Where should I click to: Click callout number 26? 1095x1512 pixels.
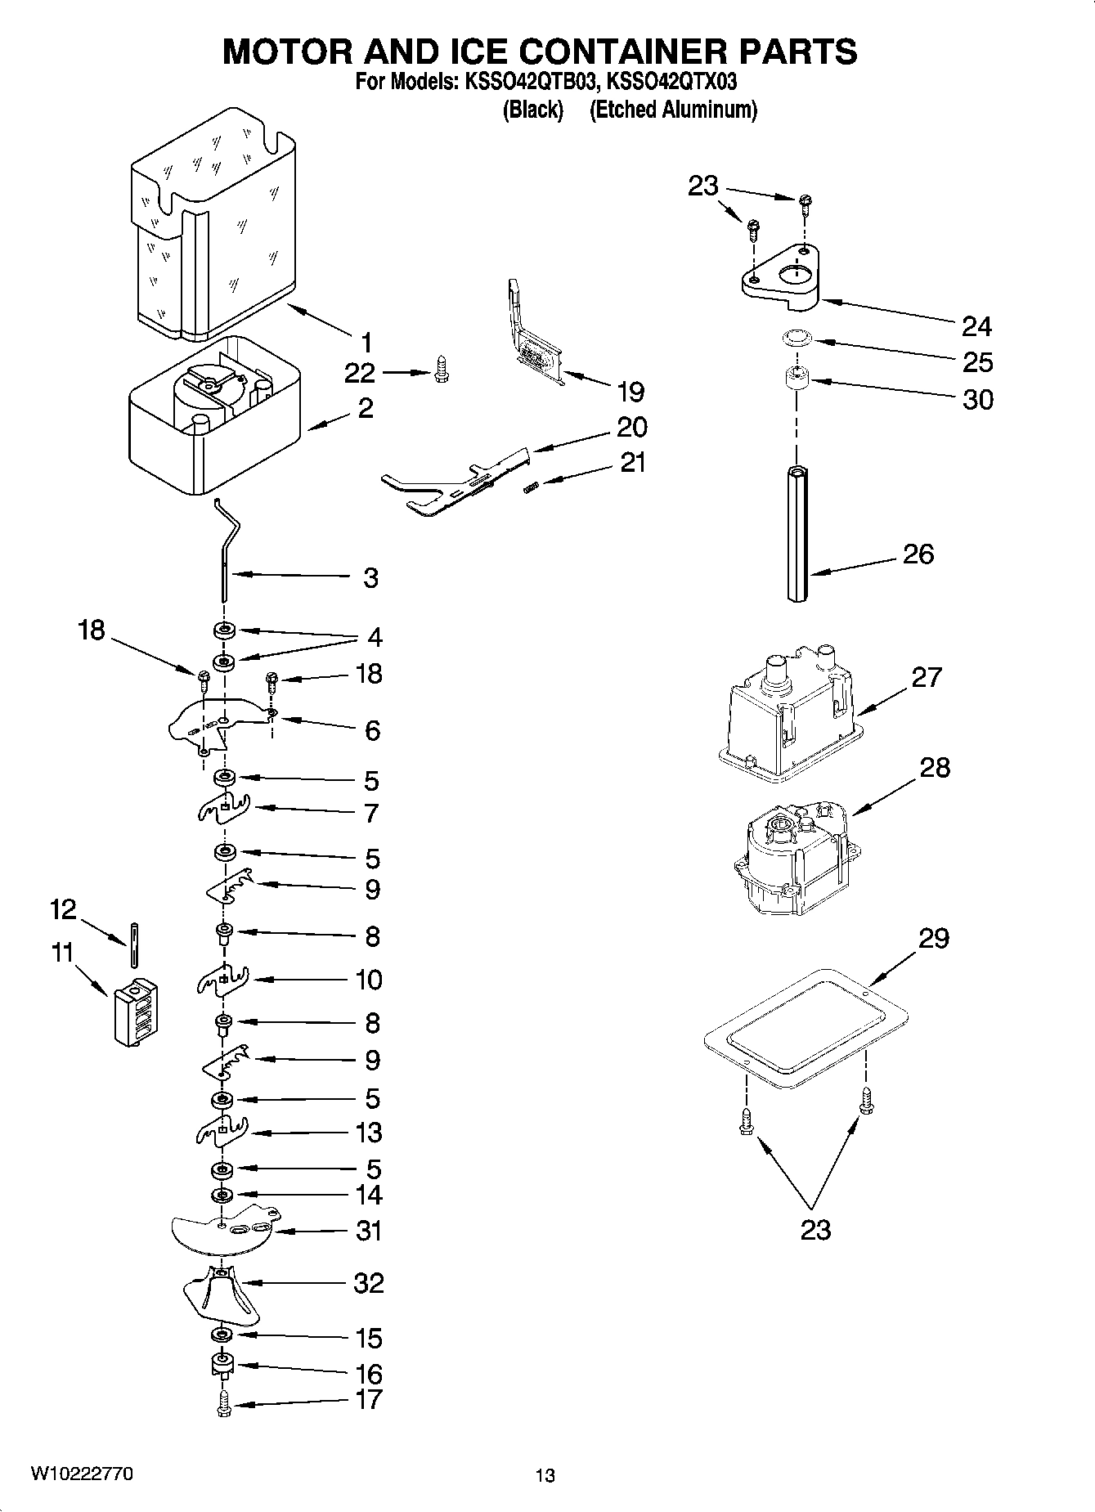(918, 554)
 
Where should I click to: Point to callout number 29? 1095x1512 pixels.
(933, 938)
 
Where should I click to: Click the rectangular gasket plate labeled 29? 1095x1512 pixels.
(806, 1027)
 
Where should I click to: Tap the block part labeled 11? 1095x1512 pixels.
(135, 1011)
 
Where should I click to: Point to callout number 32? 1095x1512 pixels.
(368, 1283)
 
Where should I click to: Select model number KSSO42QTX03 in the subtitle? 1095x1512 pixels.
(672, 82)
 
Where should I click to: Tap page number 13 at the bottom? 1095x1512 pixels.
(545, 1476)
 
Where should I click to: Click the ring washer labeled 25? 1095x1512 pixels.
(795, 335)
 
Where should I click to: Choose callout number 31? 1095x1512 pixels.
(368, 1231)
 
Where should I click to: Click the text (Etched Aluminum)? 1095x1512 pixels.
(673, 110)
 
